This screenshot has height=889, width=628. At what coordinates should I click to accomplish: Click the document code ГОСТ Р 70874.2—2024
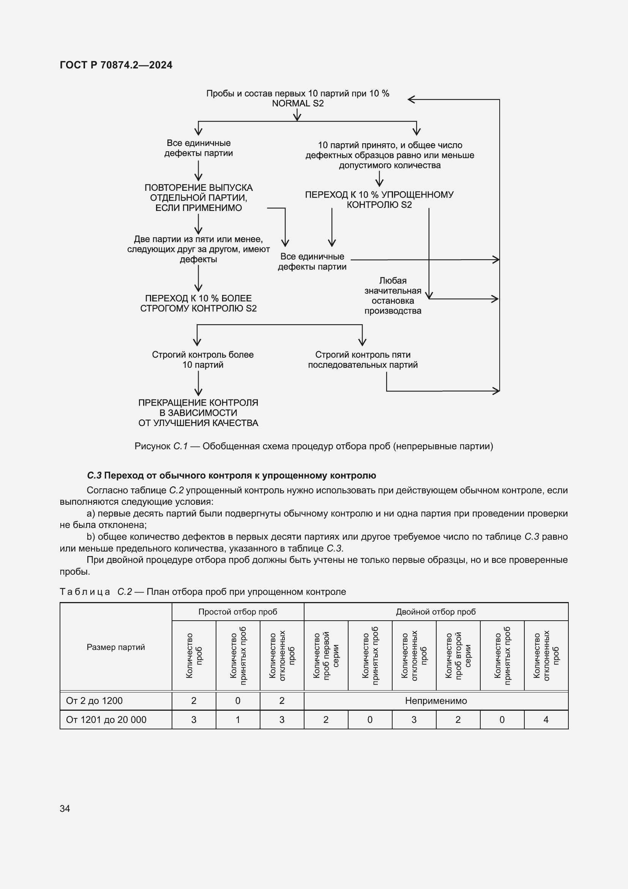click(116, 65)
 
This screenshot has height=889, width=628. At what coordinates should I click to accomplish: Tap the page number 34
click(65, 808)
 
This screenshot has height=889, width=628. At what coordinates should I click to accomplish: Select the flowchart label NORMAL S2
click(298, 103)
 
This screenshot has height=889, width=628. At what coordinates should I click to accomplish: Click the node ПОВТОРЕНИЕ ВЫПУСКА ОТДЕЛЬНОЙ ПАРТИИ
click(198, 198)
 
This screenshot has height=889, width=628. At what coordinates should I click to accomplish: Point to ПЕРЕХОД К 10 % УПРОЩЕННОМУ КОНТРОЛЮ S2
click(379, 200)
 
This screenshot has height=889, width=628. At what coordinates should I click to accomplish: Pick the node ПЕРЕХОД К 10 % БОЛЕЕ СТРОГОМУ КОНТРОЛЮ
click(198, 303)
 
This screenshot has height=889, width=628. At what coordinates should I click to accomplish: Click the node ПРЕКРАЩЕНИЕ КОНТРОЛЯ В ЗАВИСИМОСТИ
click(198, 413)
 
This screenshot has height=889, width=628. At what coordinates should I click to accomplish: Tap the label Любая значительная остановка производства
click(393, 295)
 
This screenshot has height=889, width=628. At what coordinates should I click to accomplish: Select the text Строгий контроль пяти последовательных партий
click(363, 360)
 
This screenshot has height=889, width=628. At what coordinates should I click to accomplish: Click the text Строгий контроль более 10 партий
click(203, 360)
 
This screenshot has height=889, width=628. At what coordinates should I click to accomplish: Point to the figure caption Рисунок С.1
click(314, 446)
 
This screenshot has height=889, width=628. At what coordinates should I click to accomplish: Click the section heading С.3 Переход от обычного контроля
click(231, 475)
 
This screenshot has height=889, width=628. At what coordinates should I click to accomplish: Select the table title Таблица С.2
click(203, 592)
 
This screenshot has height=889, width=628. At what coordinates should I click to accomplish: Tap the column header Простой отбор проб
click(237, 612)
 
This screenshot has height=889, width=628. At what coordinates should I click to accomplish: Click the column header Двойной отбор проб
click(435, 612)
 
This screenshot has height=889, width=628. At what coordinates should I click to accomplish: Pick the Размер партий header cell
click(116, 647)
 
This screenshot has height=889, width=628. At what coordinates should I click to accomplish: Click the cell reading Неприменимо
click(436, 700)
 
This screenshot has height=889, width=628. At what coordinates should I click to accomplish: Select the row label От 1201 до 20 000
click(106, 720)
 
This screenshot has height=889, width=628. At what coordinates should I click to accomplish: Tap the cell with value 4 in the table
click(546, 720)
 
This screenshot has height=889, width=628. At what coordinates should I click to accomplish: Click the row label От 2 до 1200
click(95, 700)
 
